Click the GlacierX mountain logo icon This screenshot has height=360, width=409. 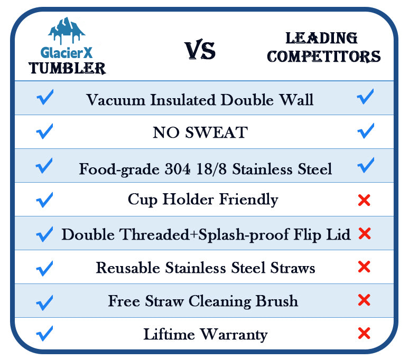click(x=67, y=30)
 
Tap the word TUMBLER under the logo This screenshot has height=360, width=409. click(x=67, y=68)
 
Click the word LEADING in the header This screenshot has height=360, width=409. click(x=321, y=38)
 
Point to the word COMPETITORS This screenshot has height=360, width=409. click(x=324, y=56)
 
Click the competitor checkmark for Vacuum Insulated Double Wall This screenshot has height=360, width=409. click(x=365, y=97)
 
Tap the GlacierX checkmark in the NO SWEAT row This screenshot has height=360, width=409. click(x=44, y=131)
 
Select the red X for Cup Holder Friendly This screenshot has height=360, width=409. click(x=364, y=200)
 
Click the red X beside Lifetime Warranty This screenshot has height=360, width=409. click(x=364, y=333)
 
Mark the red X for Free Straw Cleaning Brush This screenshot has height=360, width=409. click(x=364, y=300)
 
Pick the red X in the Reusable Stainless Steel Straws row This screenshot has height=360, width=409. click(x=364, y=267)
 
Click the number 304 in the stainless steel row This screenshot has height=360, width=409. click(x=178, y=169)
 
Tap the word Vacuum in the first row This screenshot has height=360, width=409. click(x=116, y=100)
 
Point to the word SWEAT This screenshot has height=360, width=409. click(x=216, y=132)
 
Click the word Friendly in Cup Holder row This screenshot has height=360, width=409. click(x=248, y=200)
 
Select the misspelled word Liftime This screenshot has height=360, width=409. click(x=169, y=334)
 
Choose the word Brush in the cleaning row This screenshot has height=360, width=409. click(x=276, y=301)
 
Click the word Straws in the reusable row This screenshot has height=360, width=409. click(x=293, y=268)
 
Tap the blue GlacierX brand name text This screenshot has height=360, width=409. click(x=67, y=53)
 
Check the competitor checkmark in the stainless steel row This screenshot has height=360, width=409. click(x=366, y=165)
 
